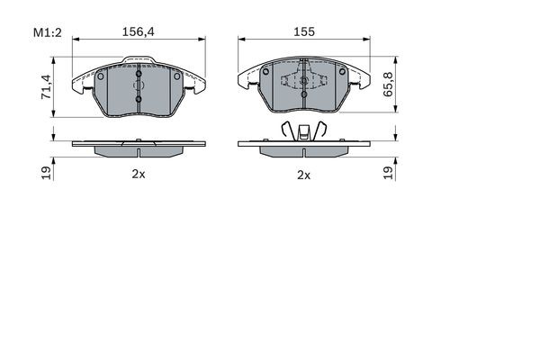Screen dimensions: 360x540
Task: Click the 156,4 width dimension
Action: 138,31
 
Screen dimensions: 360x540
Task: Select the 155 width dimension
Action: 303,31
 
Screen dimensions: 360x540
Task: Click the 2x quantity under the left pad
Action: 138,175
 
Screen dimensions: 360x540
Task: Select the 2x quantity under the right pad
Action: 303,175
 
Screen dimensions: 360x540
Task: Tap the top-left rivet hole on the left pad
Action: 101,76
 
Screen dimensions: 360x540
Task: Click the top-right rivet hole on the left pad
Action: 176,76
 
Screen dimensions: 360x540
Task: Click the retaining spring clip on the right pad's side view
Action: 303,131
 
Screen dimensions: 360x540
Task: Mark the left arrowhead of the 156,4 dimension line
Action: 76,39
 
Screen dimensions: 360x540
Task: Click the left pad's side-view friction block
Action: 138,148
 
